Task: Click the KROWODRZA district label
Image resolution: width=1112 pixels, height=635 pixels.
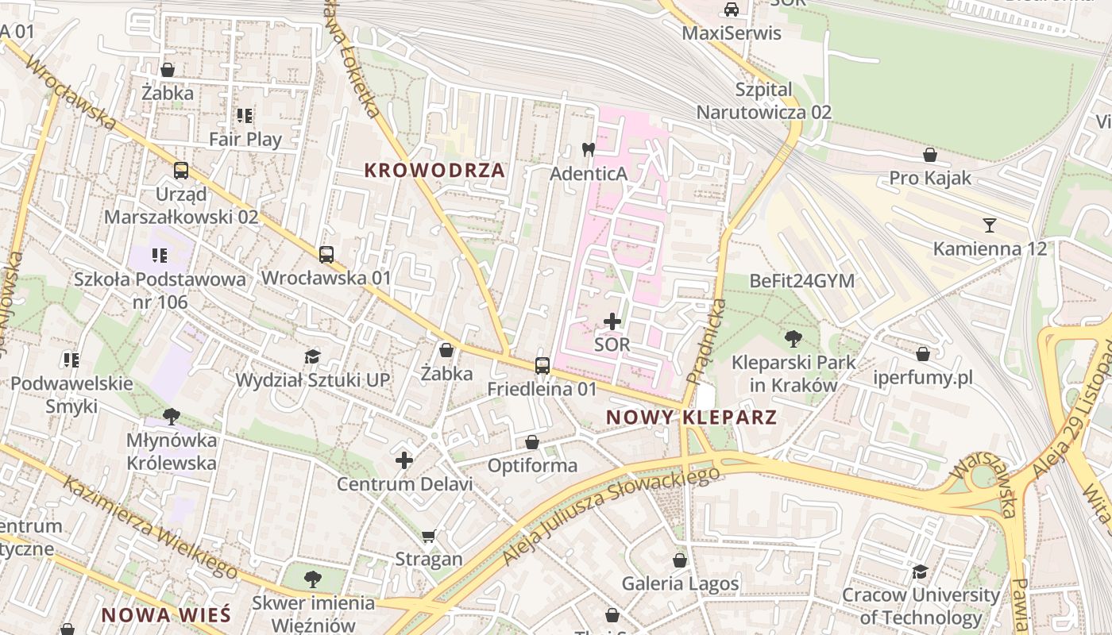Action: [434, 170]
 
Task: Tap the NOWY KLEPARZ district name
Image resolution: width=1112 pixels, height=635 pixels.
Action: [690, 417]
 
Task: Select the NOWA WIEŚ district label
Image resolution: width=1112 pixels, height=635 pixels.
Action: [166, 614]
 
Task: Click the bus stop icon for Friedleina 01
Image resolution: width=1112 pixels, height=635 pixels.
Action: [542, 366]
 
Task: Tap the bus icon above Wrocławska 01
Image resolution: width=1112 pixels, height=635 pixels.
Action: [326, 255]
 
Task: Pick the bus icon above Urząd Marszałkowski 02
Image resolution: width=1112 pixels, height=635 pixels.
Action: [181, 171]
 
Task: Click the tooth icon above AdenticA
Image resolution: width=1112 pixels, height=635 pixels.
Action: [589, 149]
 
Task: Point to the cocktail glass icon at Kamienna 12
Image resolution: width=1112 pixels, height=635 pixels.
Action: [989, 225]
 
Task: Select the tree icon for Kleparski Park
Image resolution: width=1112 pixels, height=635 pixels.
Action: [793, 339]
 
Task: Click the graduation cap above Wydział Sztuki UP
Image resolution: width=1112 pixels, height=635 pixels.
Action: [312, 357]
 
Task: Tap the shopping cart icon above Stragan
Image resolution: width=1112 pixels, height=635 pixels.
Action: [429, 536]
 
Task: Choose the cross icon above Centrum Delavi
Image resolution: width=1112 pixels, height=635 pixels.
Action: [404, 460]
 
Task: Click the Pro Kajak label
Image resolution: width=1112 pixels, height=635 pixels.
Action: [930, 178]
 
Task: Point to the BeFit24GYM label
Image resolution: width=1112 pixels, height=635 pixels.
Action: [801, 281]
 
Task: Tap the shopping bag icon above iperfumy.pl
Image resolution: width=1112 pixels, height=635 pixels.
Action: [923, 354]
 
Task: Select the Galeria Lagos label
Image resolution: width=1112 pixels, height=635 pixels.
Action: [680, 584]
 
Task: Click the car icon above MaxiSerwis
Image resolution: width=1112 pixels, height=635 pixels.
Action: [732, 10]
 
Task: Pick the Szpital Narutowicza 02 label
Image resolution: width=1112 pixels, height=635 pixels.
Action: [764, 100]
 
